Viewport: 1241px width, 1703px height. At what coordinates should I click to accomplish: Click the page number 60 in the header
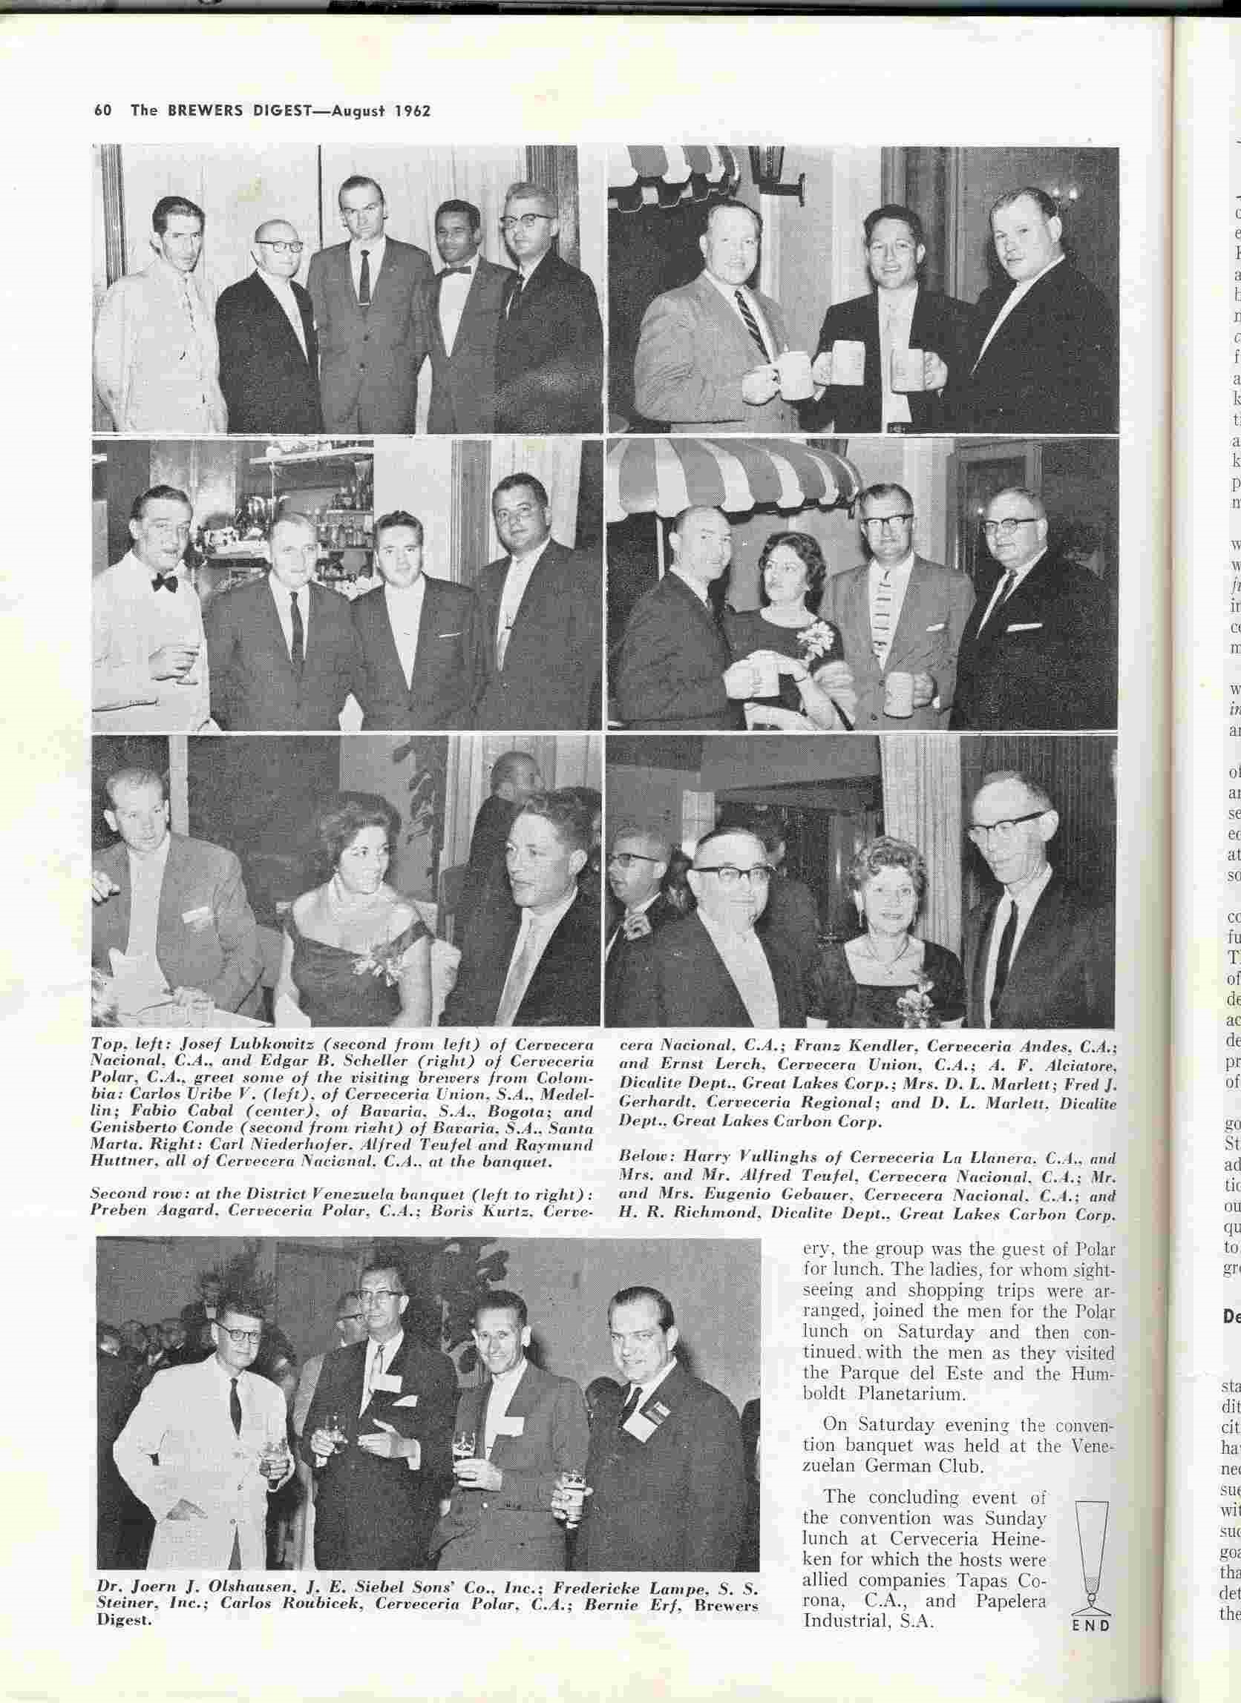point(103,111)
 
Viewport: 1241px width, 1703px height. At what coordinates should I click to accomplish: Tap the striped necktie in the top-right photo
point(753,323)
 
